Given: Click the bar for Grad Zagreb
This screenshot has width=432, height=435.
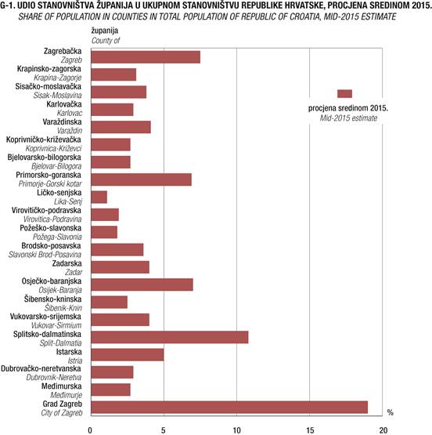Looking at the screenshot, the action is [229, 408].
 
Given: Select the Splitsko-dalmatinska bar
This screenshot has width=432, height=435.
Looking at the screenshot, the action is [170, 337].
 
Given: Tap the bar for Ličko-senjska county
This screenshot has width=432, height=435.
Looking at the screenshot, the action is [99, 197].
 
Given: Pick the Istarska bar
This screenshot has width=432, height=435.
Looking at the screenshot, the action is [128, 355].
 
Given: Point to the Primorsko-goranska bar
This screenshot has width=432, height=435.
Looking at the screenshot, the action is [141, 179].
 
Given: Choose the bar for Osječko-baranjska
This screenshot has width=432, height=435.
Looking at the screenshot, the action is [142, 285].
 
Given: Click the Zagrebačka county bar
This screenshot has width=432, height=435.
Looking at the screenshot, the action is [146, 57].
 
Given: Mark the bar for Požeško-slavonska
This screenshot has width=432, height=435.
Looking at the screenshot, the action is [104, 232].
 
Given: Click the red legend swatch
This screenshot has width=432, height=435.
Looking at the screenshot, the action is [345, 94].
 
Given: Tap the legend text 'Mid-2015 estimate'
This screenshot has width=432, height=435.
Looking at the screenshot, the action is [348, 118].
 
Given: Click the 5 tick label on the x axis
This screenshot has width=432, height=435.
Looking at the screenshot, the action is [164, 430].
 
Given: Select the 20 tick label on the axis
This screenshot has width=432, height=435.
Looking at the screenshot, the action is [383, 430].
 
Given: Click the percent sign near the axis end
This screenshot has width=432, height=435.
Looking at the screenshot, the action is [391, 412].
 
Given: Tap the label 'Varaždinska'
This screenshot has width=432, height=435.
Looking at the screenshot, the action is [62, 121].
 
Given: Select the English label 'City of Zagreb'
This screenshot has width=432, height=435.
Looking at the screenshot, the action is [62, 413].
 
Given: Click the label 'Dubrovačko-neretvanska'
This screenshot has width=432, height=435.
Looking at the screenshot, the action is [41, 368].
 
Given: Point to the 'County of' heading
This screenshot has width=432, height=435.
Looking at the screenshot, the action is [106, 41].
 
